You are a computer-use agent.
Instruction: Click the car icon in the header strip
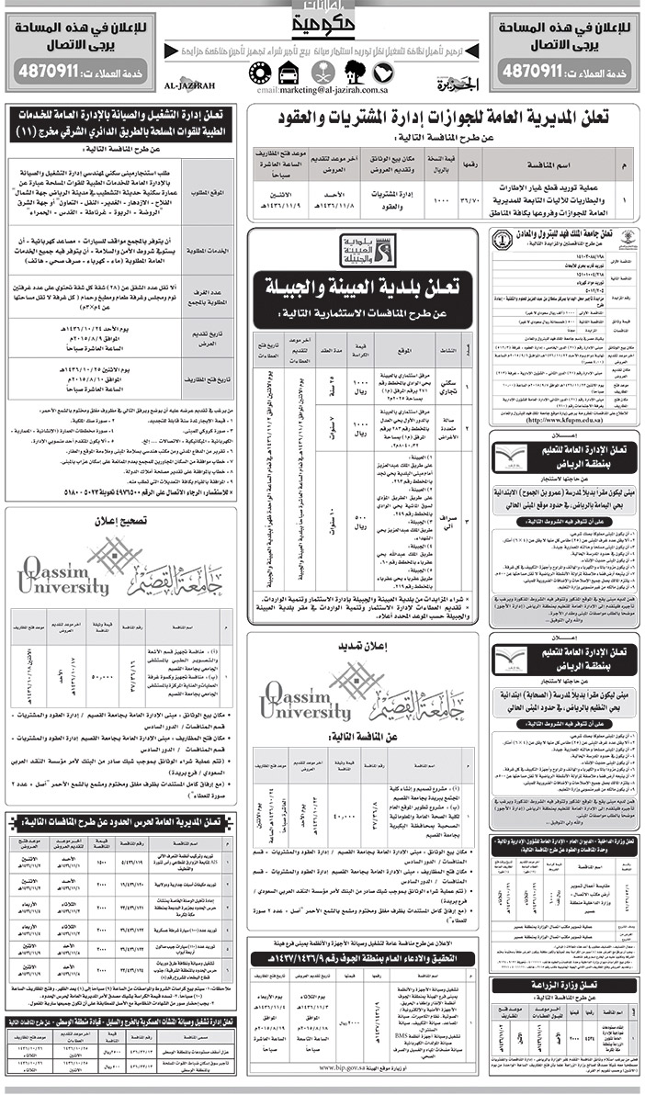pos(285,73)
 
